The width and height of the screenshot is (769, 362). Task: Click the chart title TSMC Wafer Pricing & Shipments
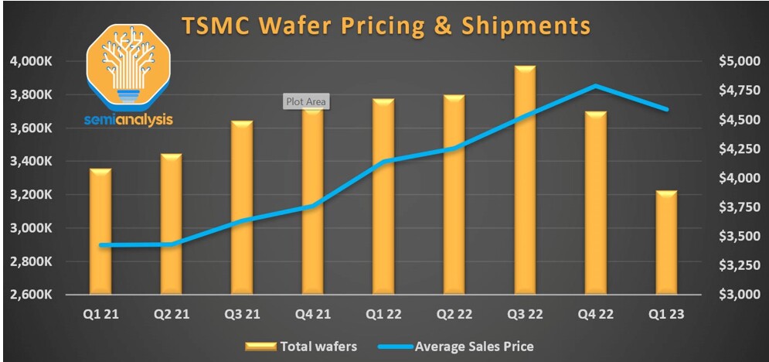click(x=386, y=25)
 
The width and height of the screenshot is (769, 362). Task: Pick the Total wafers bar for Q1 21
click(x=100, y=231)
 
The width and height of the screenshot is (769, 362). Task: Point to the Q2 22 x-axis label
click(x=454, y=314)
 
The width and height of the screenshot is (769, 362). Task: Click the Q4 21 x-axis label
click(x=313, y=314)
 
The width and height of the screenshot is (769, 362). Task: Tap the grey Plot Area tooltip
click(x=307, y=101)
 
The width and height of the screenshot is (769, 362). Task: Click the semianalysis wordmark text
click(x=128, y=120)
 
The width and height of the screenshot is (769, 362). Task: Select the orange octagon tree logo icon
click(x=128, y=67)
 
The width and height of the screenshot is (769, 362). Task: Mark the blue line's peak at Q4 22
click(x=596, y=86)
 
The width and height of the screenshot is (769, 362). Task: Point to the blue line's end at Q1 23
click(x=667, y=109)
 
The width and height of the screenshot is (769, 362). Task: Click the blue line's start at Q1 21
click(x=100, y=245)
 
